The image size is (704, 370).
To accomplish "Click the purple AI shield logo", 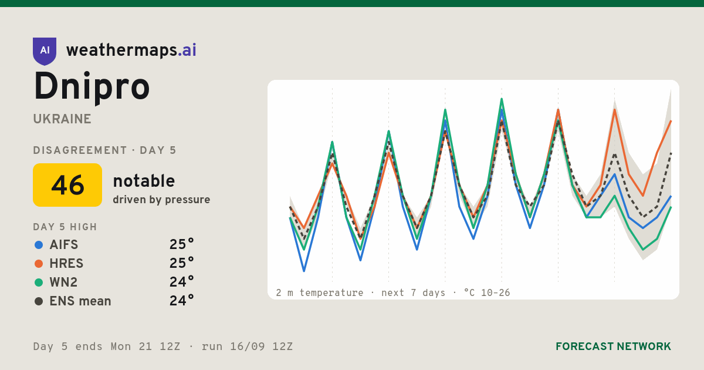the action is tap(45, 51).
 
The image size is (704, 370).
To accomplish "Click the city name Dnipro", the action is tap(92, 87).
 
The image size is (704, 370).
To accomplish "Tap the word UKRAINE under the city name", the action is tap(62, 119).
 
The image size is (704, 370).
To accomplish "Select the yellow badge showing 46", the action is tap(67, 185).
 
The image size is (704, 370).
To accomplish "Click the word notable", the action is tap(144, 181).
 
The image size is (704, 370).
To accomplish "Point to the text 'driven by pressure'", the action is tap(161, 200).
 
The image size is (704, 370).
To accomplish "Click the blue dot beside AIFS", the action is tap(39, 245).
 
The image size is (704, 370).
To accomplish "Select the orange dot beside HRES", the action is tap(39, 264).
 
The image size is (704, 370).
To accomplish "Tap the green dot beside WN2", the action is tap(39, 282).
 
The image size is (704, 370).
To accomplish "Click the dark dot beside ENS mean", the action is tap(39, 301).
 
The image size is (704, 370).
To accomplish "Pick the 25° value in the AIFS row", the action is tap(182, 244).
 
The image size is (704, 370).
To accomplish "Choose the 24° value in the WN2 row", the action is tap(182, 282).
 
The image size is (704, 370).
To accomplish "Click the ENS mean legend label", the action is tap(80, 301).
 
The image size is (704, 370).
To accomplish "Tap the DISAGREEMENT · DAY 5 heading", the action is tap(104, 150).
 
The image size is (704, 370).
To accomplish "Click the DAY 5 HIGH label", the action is tap(65, 227).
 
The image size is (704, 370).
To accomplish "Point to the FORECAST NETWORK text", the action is tap(613, 347).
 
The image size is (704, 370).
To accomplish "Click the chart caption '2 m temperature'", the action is tap(319, 293).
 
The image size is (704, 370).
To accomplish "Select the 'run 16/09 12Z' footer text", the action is tap(247, 347).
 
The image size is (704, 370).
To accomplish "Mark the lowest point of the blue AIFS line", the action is tap(304, 271).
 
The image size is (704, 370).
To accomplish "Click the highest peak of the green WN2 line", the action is tap(502, 99).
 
